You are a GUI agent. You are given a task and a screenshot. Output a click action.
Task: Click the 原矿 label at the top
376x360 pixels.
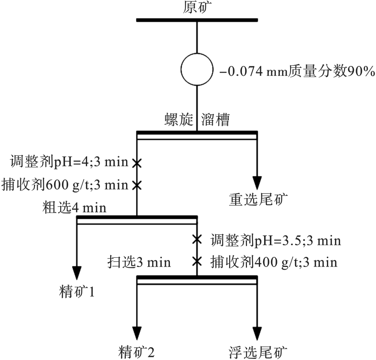click(197, 8)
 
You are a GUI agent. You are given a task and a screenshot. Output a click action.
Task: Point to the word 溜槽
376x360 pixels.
click(215, 120)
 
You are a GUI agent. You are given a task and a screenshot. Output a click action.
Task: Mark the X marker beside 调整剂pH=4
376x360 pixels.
click(137, 163)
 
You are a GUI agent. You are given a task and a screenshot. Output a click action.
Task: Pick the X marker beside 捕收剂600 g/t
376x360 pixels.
click(137, 184)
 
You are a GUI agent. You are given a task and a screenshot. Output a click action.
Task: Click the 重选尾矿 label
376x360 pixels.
click(258, 200)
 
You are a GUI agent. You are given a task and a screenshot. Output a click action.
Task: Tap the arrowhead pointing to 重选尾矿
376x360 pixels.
click(257, 183)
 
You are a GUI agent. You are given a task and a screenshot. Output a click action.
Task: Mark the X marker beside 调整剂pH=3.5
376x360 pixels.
click(197, 240)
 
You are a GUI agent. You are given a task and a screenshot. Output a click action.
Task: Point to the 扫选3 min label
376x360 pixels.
click(139, 262)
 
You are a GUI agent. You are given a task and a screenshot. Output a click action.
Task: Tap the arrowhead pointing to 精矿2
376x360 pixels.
click(137, 333)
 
